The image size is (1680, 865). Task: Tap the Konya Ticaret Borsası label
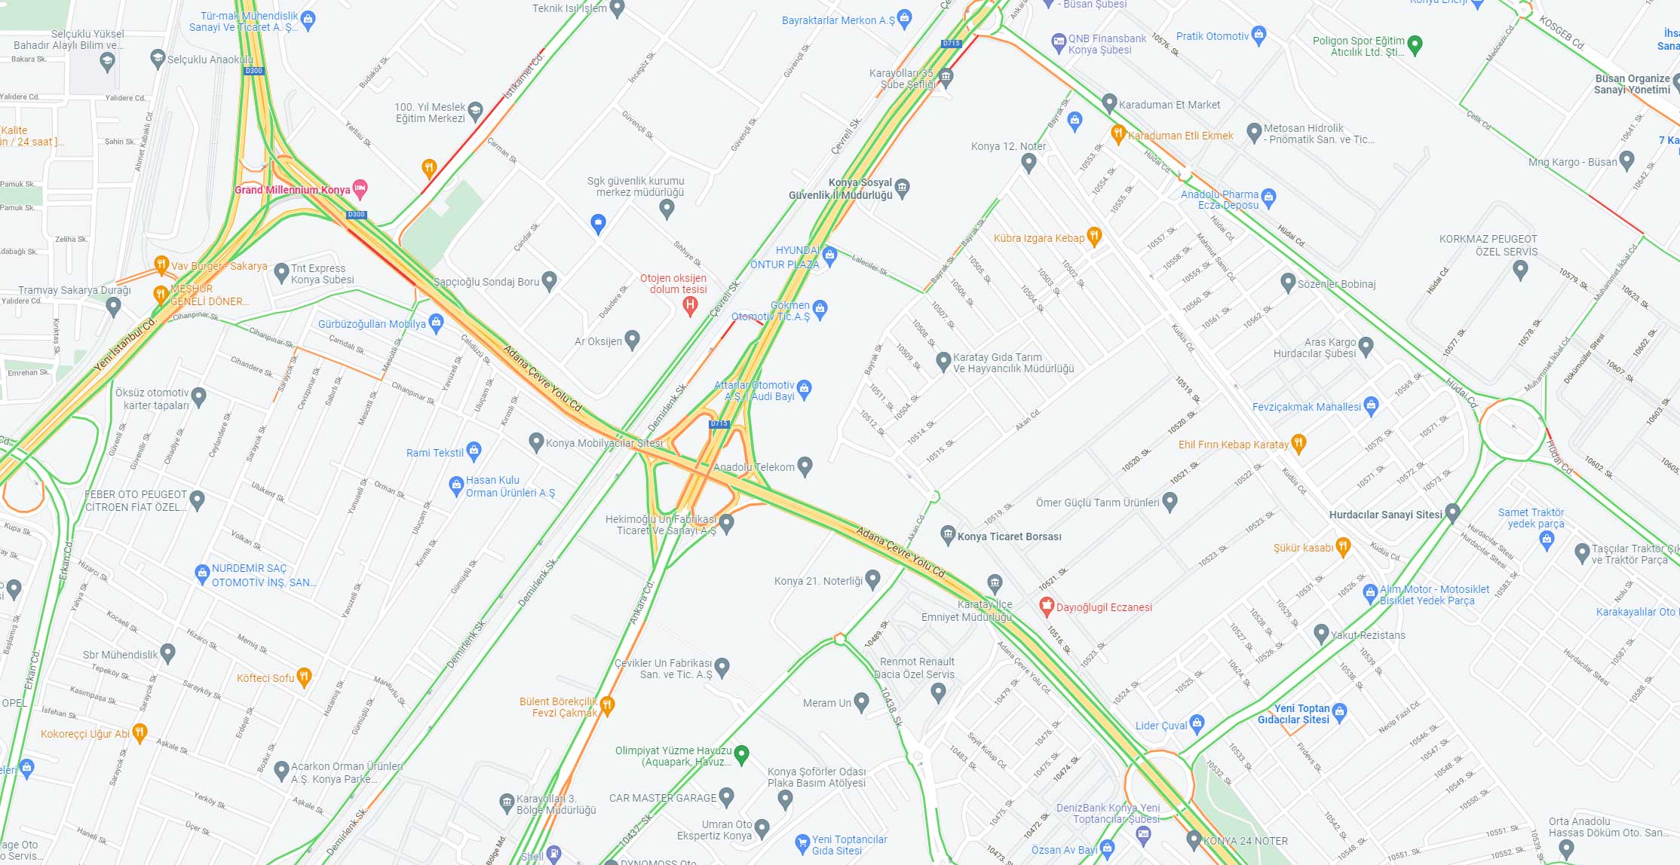point(1009,536)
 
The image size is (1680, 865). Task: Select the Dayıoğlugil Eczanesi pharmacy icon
point(1046,606)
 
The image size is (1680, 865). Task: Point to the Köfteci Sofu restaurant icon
point(304,677)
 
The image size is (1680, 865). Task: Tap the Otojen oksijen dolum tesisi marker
point(689,304)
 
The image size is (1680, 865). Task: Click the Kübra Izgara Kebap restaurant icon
point(1094,236)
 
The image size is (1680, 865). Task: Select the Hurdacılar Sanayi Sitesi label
point(1385,515)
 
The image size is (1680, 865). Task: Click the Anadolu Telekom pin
point(805,466)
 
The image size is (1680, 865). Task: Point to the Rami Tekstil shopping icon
point(474,451)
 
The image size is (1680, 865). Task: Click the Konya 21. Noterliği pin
point(872,579)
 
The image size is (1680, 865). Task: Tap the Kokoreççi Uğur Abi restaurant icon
point(139,732)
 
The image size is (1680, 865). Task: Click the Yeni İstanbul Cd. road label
point(125,344)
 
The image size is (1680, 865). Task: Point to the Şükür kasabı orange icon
point(1342,546)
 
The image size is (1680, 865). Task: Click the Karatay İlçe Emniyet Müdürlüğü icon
point(995,583)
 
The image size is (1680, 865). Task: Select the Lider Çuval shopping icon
point(1197,724)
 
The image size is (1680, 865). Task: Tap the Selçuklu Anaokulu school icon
point(158,58)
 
